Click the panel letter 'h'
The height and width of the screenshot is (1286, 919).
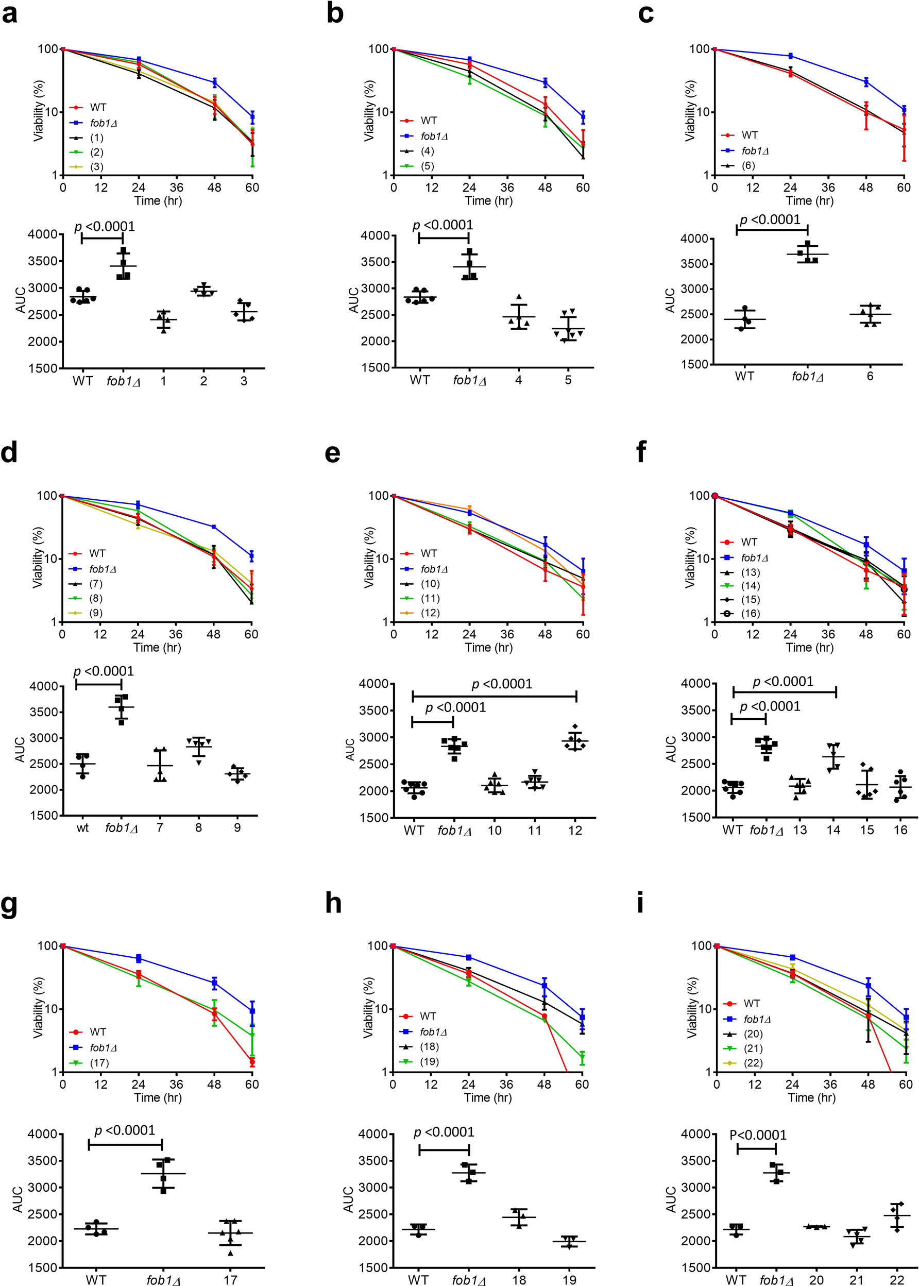click(x=333, y=904)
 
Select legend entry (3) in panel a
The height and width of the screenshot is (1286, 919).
click(x=96, y=166)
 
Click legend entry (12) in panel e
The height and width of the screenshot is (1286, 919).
click(x=430, y=613)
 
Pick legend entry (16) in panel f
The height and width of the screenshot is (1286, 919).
click(x=751, y=614)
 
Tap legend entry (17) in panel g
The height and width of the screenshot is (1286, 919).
click(x=99, y=1063)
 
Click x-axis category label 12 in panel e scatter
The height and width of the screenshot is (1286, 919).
click(x=575, y=831)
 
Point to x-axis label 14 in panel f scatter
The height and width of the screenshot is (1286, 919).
click(x=833, y=831)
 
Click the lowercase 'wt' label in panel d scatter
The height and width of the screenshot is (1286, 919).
click(x=82, y=827)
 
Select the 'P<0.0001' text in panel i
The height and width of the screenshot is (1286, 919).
click(x=758, y=1136)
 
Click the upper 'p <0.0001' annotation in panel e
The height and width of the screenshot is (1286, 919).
click(x=502, y=684)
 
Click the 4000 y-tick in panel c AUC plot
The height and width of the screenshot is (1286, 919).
click(x=694, y=239)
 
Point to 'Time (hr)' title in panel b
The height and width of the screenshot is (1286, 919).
click(x=488, y=201)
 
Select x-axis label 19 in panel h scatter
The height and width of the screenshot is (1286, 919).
click(x=569, y=1279)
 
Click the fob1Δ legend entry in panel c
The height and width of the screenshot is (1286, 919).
click(x=755, y=151)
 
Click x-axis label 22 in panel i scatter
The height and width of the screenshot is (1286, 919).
click(x=897, y=1279)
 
